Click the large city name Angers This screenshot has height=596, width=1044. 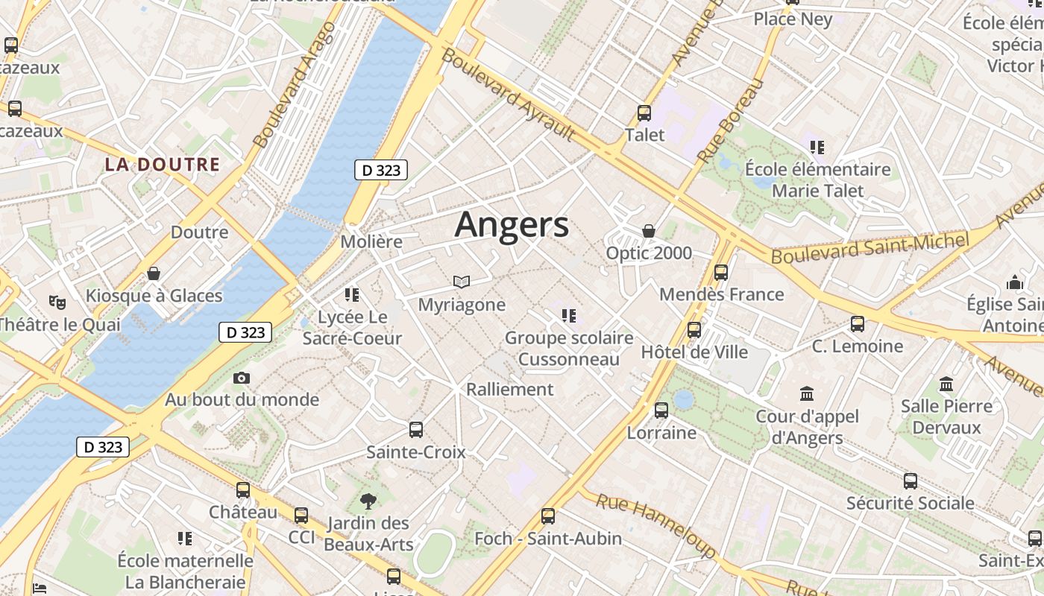(512, 224)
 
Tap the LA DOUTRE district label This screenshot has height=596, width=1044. (163, 165)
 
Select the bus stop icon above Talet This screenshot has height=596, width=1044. (644, 113)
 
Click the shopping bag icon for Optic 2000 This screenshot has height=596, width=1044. (649, 231)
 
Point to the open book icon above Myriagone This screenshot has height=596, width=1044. (462, 282)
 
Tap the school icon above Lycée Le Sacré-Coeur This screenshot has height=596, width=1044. (352, 295)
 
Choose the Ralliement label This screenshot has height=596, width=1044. (510, 389)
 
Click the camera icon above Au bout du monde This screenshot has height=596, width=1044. (241, 378)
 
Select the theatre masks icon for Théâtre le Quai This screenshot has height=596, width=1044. (57, 302)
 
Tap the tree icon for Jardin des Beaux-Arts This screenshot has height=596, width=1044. (368, 501)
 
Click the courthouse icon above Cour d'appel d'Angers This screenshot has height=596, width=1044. (807, 393)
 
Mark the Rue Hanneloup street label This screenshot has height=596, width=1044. (655, 526)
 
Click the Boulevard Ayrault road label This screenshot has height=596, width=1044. (508, 95)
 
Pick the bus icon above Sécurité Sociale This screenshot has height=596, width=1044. (910, 481)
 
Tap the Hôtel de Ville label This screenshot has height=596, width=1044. (694, 352)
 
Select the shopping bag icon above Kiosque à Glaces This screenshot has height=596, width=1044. (154, 273)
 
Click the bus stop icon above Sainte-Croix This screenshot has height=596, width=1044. (416, 430)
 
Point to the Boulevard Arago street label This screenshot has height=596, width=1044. (295, 85)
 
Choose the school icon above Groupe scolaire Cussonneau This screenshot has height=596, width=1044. (569, 316)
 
